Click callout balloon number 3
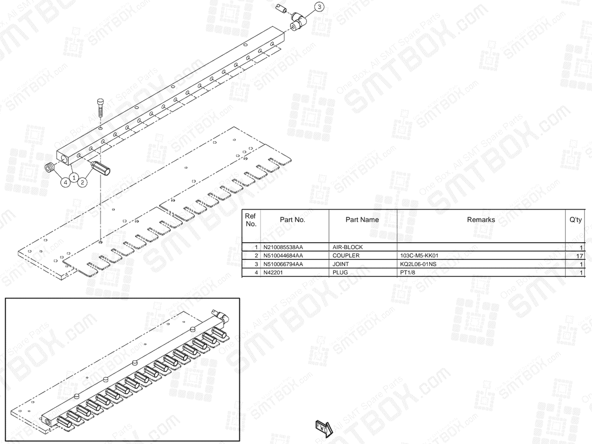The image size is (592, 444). pos(319,7)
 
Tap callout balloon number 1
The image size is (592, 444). pos(74,178)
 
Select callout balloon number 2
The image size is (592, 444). pos(82,183)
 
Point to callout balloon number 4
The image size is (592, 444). pos(65,183)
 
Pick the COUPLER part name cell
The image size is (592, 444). pos(346,256)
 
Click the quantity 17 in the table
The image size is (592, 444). pos(579,256)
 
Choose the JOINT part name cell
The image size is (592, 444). pos(340,264)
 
